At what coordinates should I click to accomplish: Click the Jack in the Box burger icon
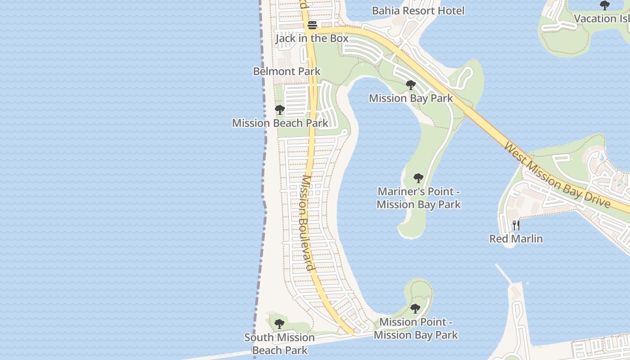click(x=312, y=26)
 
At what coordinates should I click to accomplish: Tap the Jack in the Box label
click(x=312, y=38)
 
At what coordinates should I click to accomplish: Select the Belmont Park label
click(x=287, y=71)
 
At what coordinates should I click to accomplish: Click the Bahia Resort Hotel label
click(x=418, y=10)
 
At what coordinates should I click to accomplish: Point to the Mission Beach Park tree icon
click(x=279, y=110)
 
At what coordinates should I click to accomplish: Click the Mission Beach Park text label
click(x=280, y=123)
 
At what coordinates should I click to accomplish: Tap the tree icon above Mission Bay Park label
click(x=410, y=85)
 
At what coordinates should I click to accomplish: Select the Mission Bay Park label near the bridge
click(x=411, y=98)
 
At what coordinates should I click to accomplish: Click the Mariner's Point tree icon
click(x=418, y=178)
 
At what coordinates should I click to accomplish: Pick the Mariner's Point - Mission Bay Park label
click(x=418, y=198)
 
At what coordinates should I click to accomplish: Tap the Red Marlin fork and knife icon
click(x=516, y=225)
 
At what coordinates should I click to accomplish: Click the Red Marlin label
click(x=516, y=238)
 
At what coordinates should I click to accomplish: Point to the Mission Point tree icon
click(x=415, y=309)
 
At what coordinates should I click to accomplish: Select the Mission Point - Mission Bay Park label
click(x=416, y=328)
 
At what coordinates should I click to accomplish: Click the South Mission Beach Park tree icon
click(x=279, y=324)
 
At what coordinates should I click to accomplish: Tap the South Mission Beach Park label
click(x=279, y=344)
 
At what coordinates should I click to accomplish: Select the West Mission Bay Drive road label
click(x=557, y=175)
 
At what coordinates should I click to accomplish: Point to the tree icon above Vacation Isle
click(x=605, y=5)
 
